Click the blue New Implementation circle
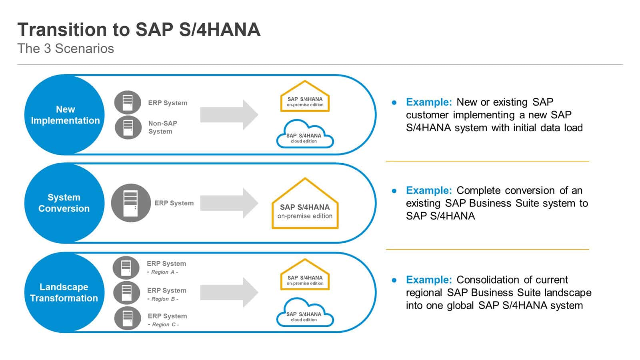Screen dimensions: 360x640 tap(64, 115)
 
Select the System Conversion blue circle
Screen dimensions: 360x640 tap(64, 203)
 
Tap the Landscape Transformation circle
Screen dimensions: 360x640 tap(64, 292)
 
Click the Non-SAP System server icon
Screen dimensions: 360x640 tap(128, 128)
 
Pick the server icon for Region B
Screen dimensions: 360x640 tap(126, 293)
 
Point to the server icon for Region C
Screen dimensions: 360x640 tap(128, 318)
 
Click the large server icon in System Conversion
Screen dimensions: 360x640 tap(131, 203)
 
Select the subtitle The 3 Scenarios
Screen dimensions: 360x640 tap(66, 48)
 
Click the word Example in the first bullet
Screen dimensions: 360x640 tap(428, 102)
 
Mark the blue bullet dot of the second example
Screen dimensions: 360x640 tap(394, 191)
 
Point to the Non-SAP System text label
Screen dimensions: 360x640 tap(162, 127)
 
